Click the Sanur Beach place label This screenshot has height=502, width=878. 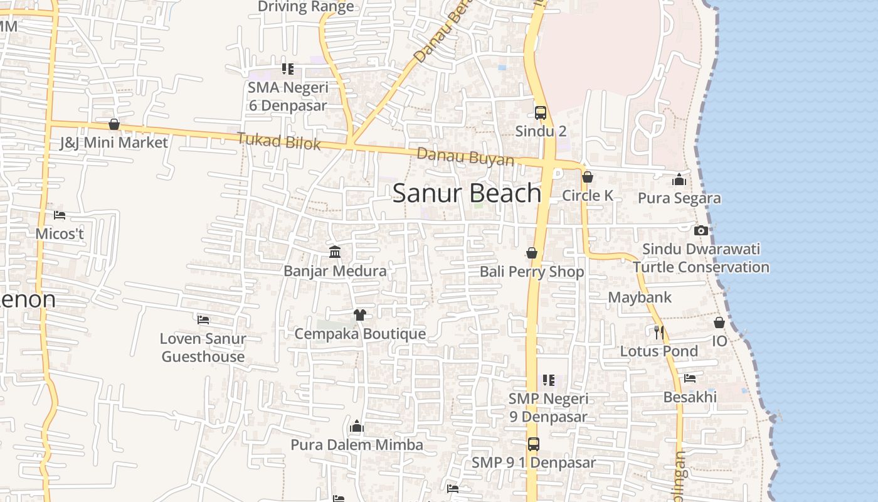[467, 193]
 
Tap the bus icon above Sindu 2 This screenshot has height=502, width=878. [541, 113]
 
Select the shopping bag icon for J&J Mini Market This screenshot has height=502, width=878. [114, 124]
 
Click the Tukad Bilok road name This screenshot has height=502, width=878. [278, 141]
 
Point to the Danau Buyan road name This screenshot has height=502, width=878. [465, 157]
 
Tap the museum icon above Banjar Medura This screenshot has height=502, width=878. [335, 252]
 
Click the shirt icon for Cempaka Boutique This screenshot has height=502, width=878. [359, 314]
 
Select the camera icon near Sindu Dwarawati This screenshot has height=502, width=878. [701, 230]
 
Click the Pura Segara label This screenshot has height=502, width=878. [679, 198]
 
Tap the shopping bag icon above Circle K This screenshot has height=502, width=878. [588, 177]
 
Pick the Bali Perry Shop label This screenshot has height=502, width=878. [532, 272]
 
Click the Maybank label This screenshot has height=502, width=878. [640, 297]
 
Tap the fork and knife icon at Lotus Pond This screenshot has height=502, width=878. [658, 332]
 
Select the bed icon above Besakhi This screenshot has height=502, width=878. [690, 378]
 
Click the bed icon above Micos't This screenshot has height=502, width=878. [60, 215]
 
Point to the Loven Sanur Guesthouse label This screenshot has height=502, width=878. [203, 348]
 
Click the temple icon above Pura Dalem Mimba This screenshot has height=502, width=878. [357, 427]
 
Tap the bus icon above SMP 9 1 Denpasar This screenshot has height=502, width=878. [533, 444]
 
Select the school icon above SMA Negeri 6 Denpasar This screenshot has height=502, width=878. [287, 68]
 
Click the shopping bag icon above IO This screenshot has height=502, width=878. [719, 323]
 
